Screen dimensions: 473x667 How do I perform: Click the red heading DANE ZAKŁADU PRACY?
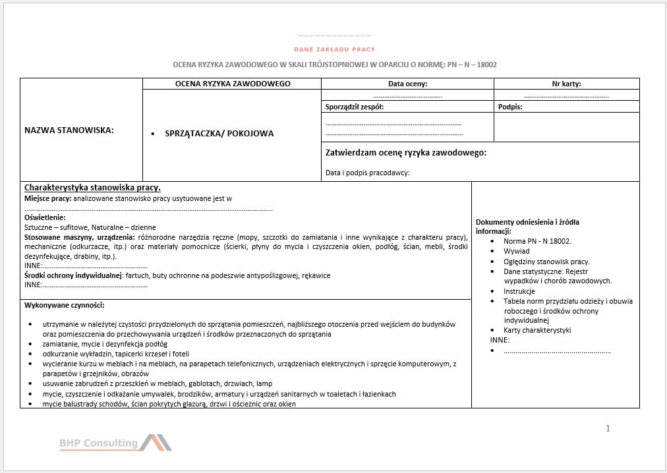[x=334, y=49]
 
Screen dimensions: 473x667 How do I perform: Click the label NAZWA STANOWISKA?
[x=69, y=130]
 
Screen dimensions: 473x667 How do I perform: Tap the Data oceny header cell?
[x=407, y=84]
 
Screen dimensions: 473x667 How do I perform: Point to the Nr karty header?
[x=566, y=84]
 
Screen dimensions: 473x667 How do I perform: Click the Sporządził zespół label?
[x=354, y=107]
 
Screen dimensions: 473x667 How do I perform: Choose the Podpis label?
[x=510, y=107]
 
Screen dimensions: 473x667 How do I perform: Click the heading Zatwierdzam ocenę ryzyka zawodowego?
[x=406, y=153]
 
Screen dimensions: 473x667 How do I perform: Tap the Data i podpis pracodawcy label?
[x=367, y=173]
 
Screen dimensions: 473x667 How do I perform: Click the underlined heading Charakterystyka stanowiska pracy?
[x=92, y=188]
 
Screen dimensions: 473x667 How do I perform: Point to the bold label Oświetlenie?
[x=45, y=217]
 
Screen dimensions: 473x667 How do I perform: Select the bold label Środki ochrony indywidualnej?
[x=73, y=275]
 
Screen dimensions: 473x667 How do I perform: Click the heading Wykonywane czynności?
[x=64, y=305]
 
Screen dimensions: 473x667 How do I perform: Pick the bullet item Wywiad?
[x=516, y=251]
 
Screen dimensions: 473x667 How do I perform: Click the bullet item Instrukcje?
[x=519, y=291]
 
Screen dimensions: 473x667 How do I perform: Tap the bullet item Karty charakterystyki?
[x=536, y=330]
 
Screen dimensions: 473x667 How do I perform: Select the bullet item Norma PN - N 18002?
[x=536, y=241]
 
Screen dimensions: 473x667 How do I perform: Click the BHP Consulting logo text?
[x=98, y=443]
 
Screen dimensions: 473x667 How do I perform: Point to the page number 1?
[x=608, y=428]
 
